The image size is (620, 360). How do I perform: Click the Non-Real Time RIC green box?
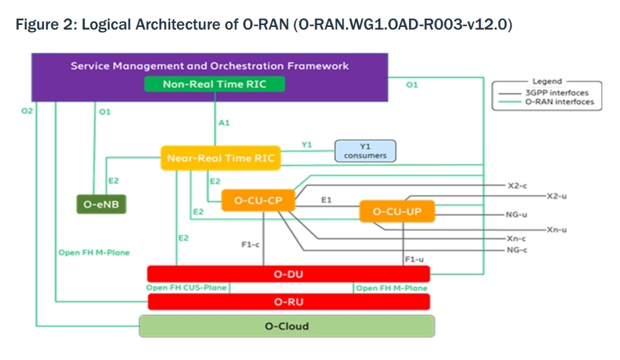215,84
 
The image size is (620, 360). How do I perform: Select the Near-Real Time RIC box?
220,158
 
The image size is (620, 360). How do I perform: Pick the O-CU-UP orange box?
397,212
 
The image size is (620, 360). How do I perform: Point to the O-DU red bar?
288,273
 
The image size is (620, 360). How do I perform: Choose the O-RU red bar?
288,302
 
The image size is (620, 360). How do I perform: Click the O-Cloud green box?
286,326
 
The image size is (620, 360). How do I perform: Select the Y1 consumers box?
365,150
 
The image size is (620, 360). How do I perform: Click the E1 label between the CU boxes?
326,198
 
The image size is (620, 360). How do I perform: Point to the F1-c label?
251,244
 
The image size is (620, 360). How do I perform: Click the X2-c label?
517,186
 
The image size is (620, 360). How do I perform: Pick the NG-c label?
517,250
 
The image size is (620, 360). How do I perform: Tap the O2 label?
27,112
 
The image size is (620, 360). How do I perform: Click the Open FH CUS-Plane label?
187,288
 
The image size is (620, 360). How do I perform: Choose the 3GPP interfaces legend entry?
556,93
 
